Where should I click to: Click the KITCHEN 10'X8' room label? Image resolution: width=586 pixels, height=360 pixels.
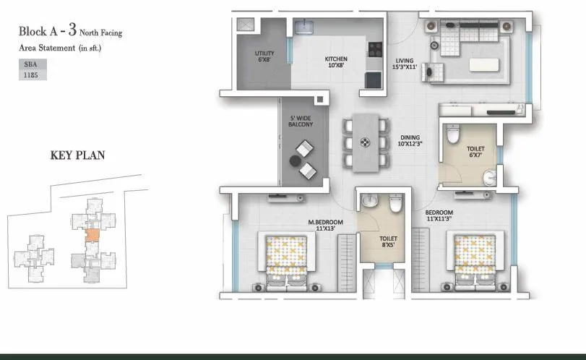coord(336,62)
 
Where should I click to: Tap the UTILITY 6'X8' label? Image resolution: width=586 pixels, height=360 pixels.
coord(264,56)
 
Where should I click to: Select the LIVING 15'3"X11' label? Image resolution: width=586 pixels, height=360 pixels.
coord(406,64)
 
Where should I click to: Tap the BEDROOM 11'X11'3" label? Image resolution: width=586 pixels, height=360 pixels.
coord(439,214)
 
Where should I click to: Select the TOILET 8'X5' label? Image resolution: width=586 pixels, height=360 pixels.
coord(388,241)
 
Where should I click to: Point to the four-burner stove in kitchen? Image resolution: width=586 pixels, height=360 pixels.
coord(375,50)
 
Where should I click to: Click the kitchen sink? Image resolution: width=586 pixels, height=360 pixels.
coord(303,27)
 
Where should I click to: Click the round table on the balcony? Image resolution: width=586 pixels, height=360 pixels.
coord(296,160)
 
